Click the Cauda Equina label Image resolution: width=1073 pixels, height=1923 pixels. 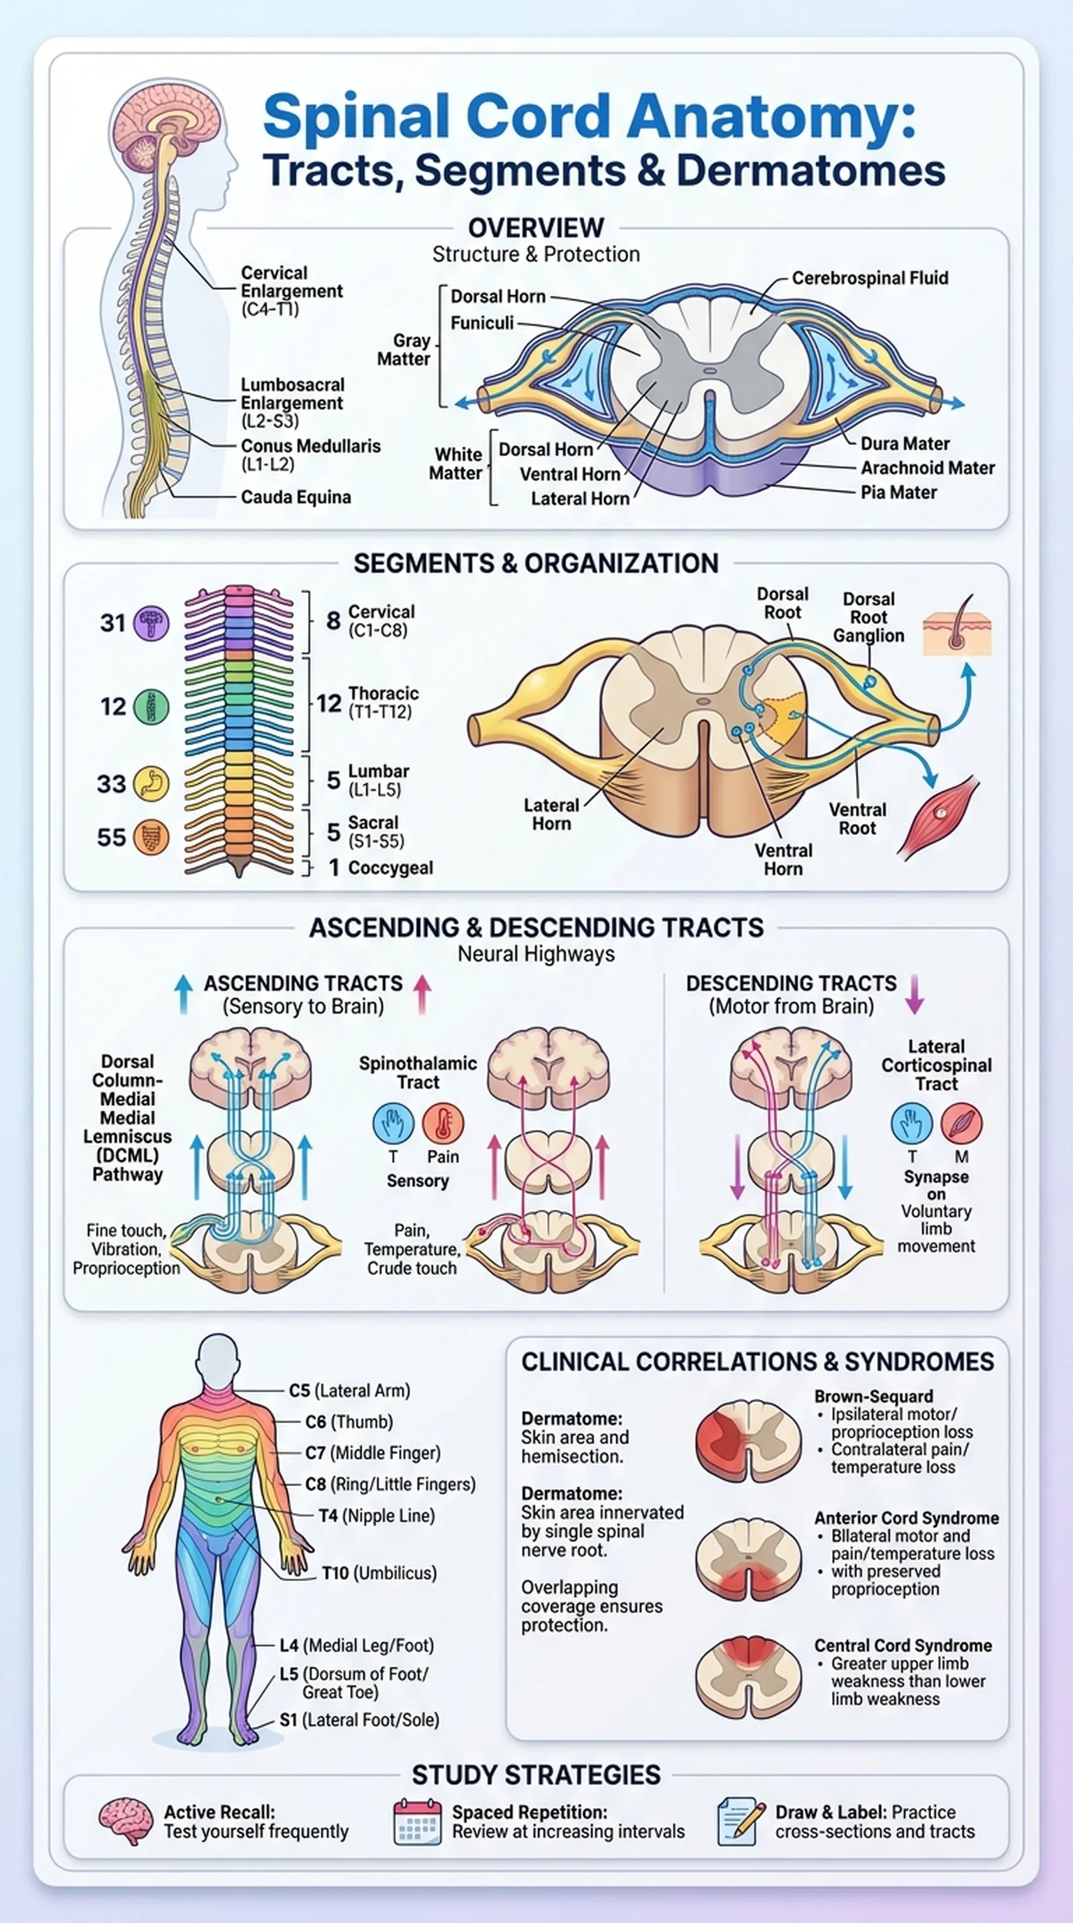pos(295,498)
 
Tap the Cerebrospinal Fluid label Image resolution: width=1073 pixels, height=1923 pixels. pos(870,278)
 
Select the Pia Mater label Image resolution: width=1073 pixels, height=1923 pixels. pos(898,493)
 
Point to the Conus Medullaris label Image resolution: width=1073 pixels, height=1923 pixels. pos(310,447)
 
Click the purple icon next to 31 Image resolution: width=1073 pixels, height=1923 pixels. pos(152,623)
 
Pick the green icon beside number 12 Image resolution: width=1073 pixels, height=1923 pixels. pos(152,706)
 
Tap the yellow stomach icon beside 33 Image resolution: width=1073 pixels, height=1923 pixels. pos(152,784)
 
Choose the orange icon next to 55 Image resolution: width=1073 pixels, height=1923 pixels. pos(152,838)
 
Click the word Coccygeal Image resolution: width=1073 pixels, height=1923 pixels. pos(390,868)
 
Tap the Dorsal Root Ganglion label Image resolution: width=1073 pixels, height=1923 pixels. pos(868,618)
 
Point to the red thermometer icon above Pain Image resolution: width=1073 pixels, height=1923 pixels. pos(442,1124)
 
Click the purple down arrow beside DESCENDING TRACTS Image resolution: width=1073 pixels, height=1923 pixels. pos(915,994)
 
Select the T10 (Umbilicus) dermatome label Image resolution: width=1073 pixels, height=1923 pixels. pos(379,1573)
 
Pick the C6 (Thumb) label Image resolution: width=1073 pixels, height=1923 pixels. pos(349,1422)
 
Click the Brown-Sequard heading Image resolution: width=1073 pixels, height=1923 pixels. pos(874,1397)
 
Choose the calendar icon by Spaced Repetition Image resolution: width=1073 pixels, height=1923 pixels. pos(417,1822)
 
